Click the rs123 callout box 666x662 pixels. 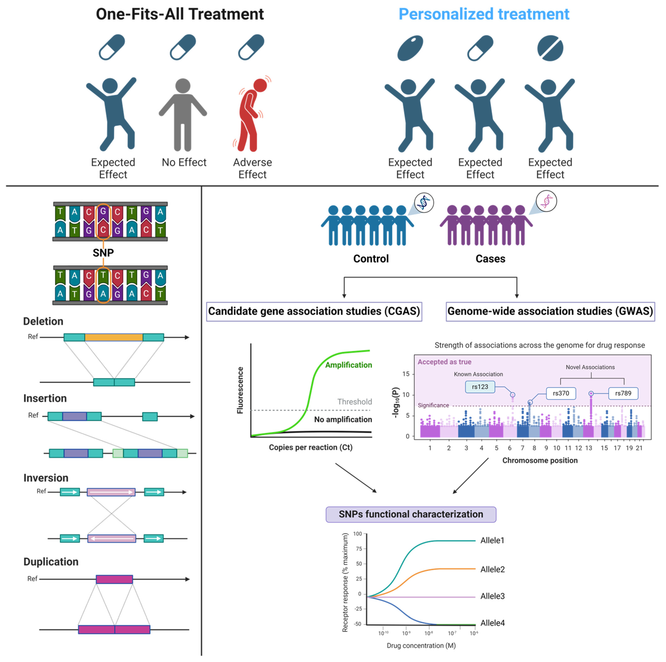pos(480,387)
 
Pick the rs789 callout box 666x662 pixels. pos(623,393)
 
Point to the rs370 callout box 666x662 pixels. pos(561,393)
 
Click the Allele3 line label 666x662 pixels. pos(492,596)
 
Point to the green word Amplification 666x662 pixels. pos(349,365)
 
